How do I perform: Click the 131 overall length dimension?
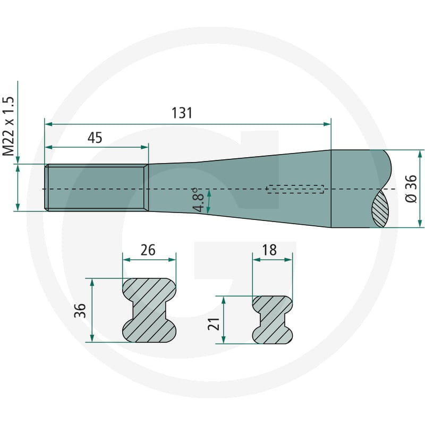click(x=182, y=113)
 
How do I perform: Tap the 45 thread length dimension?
click(x=95, y=138)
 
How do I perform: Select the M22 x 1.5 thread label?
click(x=8, y=126)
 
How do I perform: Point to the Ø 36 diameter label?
click(x=411, y=189)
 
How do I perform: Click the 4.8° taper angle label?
click(x=198, y=200)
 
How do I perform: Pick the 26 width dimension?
click(x=148, y=250)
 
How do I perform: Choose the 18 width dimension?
click(x=269, y=250)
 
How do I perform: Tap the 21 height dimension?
click(x=214, y=324)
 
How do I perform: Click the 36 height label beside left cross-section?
click(x=80, y=311)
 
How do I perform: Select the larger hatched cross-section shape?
click(x=149, y=310)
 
